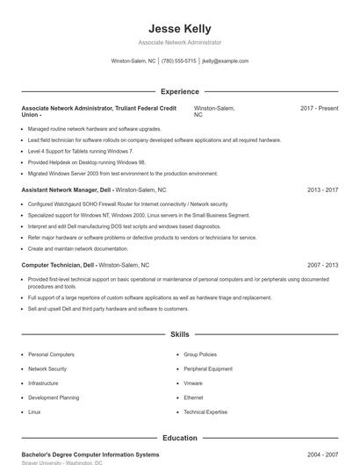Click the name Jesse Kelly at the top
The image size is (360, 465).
tap(180, 28)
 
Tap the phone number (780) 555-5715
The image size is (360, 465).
tap(179, 61)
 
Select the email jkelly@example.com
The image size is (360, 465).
tap(226, 61)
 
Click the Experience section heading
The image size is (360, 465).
tap(180, 91)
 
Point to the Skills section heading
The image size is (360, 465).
tap(180, 334)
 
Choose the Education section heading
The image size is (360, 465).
tap(180, 437)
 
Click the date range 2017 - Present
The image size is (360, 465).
tap(319, 108)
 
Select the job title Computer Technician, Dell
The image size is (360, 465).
tap(58, 264)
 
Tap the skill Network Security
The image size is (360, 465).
tap(47, 368)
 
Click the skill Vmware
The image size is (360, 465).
tap(193, 383)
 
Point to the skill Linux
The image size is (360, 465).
tap(34, 411)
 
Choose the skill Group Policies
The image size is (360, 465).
tap(200, 354)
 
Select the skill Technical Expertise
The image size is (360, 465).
tap(205, 411)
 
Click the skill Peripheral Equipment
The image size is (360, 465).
tap(208, 368)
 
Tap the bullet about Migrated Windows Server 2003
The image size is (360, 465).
tap(123, 174)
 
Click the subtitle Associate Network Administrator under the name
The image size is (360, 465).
tap(180, 42)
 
